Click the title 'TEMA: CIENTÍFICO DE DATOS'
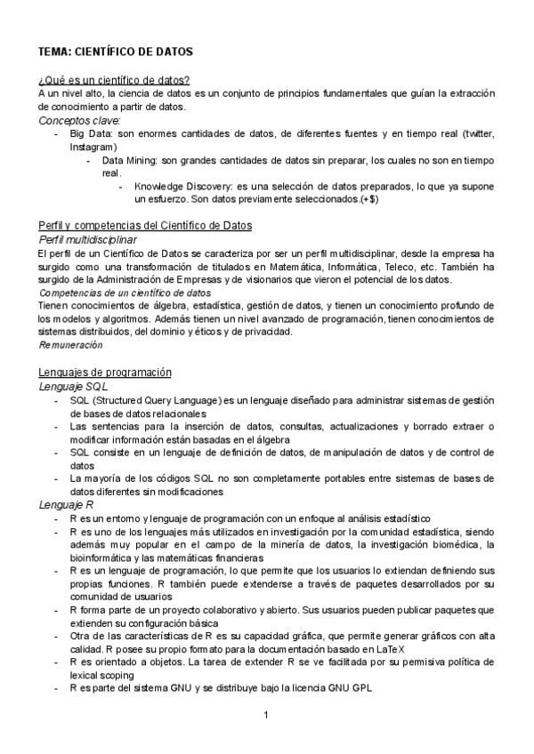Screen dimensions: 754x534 117,52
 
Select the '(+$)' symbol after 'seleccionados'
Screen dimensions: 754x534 368,200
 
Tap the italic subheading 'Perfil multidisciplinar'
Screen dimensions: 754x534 88,240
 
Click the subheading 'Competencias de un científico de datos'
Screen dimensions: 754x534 125,292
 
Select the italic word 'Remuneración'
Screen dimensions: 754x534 71,344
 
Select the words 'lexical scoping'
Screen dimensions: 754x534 103,676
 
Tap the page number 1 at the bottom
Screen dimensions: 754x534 266,715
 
